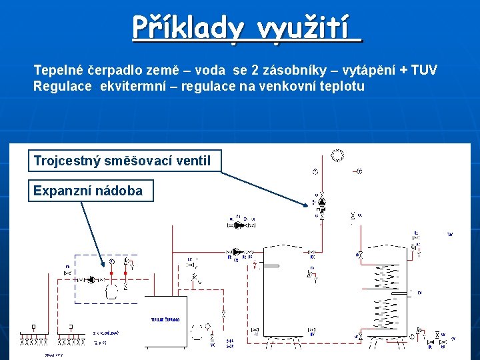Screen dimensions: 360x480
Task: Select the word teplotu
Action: pos(342,86)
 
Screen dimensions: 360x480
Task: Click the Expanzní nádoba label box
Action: pos(88,191)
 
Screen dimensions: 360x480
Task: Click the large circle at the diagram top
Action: pos(338,155)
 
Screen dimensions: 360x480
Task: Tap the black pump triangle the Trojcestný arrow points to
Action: pos(321,200)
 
